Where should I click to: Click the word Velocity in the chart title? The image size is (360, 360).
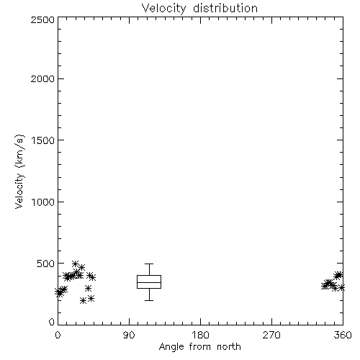click(x=164, y=9)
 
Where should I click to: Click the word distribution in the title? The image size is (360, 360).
click(x=225, y=8)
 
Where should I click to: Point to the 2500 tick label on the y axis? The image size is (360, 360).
click(x=43, y=19)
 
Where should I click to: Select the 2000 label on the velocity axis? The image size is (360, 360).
click(x=43, y=79)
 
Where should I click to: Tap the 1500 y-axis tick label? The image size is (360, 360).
click(x=43, y=140)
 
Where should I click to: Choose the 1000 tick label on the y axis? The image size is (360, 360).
click(x=43, y=202)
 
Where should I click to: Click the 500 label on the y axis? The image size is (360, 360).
click(x=46, y=264)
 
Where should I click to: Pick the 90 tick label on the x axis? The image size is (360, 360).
click(x=129, y=335)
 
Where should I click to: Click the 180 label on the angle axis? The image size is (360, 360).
click(x=200, y=335)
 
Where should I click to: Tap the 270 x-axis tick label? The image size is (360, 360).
click(x=271, y=335)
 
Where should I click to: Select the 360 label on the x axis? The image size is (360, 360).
click(x=343, y=335)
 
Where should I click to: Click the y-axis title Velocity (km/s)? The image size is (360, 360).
click(x=19, y=171)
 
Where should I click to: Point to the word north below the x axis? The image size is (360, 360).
click(x=229, y=347)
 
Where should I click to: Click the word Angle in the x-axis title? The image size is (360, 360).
click(x=171, y=347)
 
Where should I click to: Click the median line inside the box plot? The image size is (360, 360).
click(x=149, y=282)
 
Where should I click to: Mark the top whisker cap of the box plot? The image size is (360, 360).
click(x=149, y=264)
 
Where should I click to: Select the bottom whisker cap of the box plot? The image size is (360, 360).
click(x=149, y=300)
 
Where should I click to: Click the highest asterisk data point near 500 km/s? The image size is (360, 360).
click(x=76, y=264)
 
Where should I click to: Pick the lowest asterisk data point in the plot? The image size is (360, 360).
click(x=83, y=301)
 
